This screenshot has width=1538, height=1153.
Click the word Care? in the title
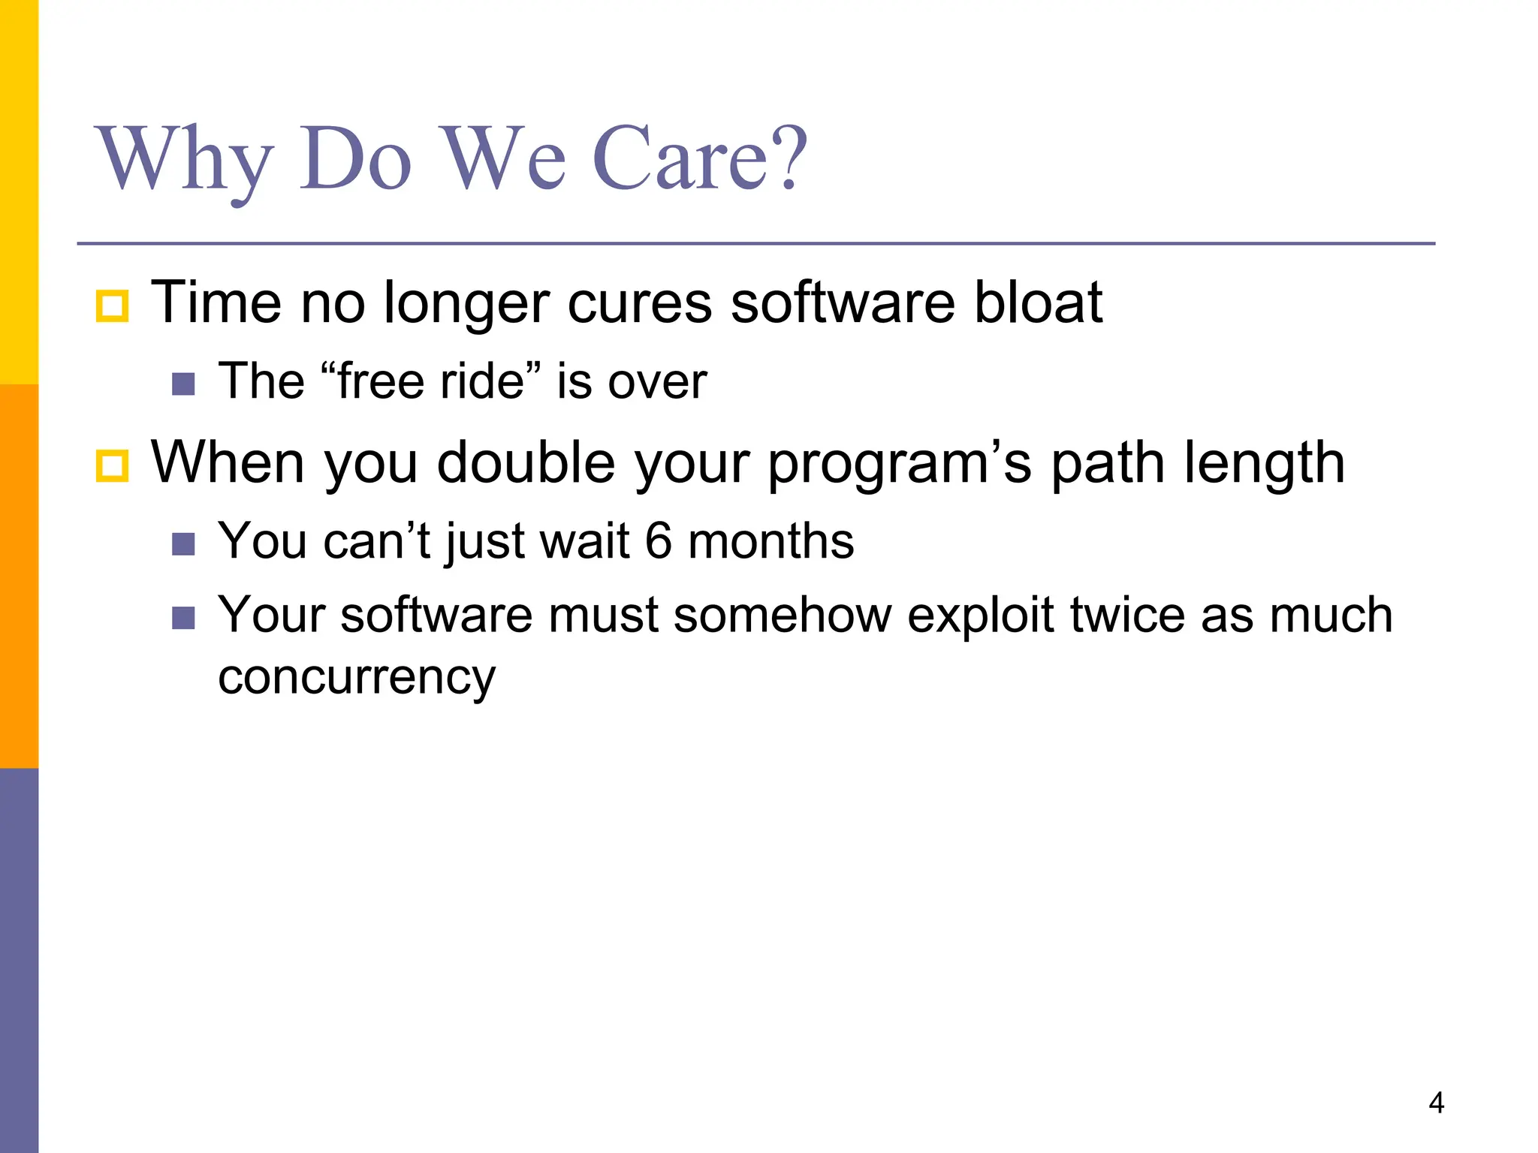(x=699, y=159)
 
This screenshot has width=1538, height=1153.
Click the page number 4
(x=1436, y=1103)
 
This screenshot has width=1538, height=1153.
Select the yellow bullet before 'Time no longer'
(x=113, y=306)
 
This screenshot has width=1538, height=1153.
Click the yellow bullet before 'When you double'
(x=113, y=465)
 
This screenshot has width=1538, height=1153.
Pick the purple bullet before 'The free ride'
(x=183, y=384)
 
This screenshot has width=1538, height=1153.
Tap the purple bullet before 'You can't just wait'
(x=183, y=543)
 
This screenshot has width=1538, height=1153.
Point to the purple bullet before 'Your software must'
(x=183, y=618)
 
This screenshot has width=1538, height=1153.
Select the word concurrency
(x=357, y=678)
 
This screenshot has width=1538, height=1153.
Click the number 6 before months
(x=658, y=540)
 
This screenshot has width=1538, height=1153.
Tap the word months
(x=771, y=540)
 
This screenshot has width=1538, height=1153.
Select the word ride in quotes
(x=481, y=381)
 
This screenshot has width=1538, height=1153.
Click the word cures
(x=639, y=303)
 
